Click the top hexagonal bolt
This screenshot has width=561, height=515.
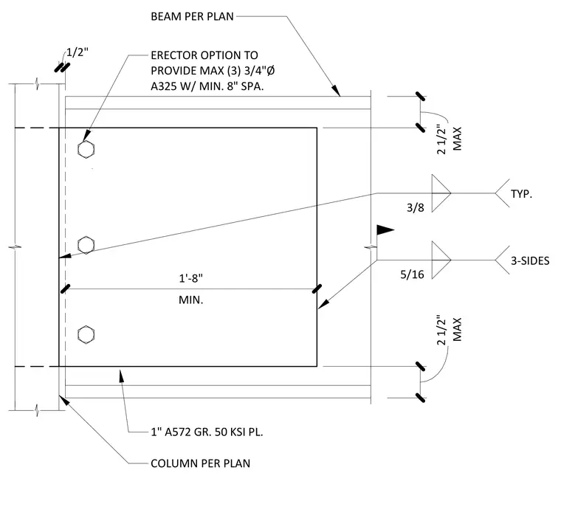(x=86, y=150)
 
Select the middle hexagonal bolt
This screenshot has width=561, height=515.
(x=86, y=245)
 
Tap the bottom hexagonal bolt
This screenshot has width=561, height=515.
(x=86, y=335)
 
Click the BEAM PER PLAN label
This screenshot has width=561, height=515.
(x=192, y=16)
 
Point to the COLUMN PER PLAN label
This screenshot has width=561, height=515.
(x=200, y=463)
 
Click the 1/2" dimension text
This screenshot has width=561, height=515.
(x=78, y=52)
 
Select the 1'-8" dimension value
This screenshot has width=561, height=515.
(x=190, y=278)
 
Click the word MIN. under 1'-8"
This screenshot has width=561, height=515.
(x=190, y=300)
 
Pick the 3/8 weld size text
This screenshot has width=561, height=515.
(x=416, y=208)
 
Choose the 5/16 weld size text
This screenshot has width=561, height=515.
(x=412, y=274)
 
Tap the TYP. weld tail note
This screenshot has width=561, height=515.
(x=521, y=194)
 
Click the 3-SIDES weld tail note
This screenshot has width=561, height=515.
(x=530, y=260)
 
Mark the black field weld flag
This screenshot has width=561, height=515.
(x=385, y=229)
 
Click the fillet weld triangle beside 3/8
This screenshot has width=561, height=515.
(x=441, y=193)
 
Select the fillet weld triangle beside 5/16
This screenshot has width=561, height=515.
(x=441, y=260)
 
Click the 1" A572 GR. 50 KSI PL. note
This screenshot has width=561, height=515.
(x=207, y=432)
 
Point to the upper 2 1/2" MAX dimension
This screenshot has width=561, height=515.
(x=450, y=139)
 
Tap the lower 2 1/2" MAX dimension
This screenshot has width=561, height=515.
(x=450, y=331)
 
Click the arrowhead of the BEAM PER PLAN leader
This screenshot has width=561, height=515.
(x=336, y=91)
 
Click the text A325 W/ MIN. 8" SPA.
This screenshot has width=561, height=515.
(x=207, y=86)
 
